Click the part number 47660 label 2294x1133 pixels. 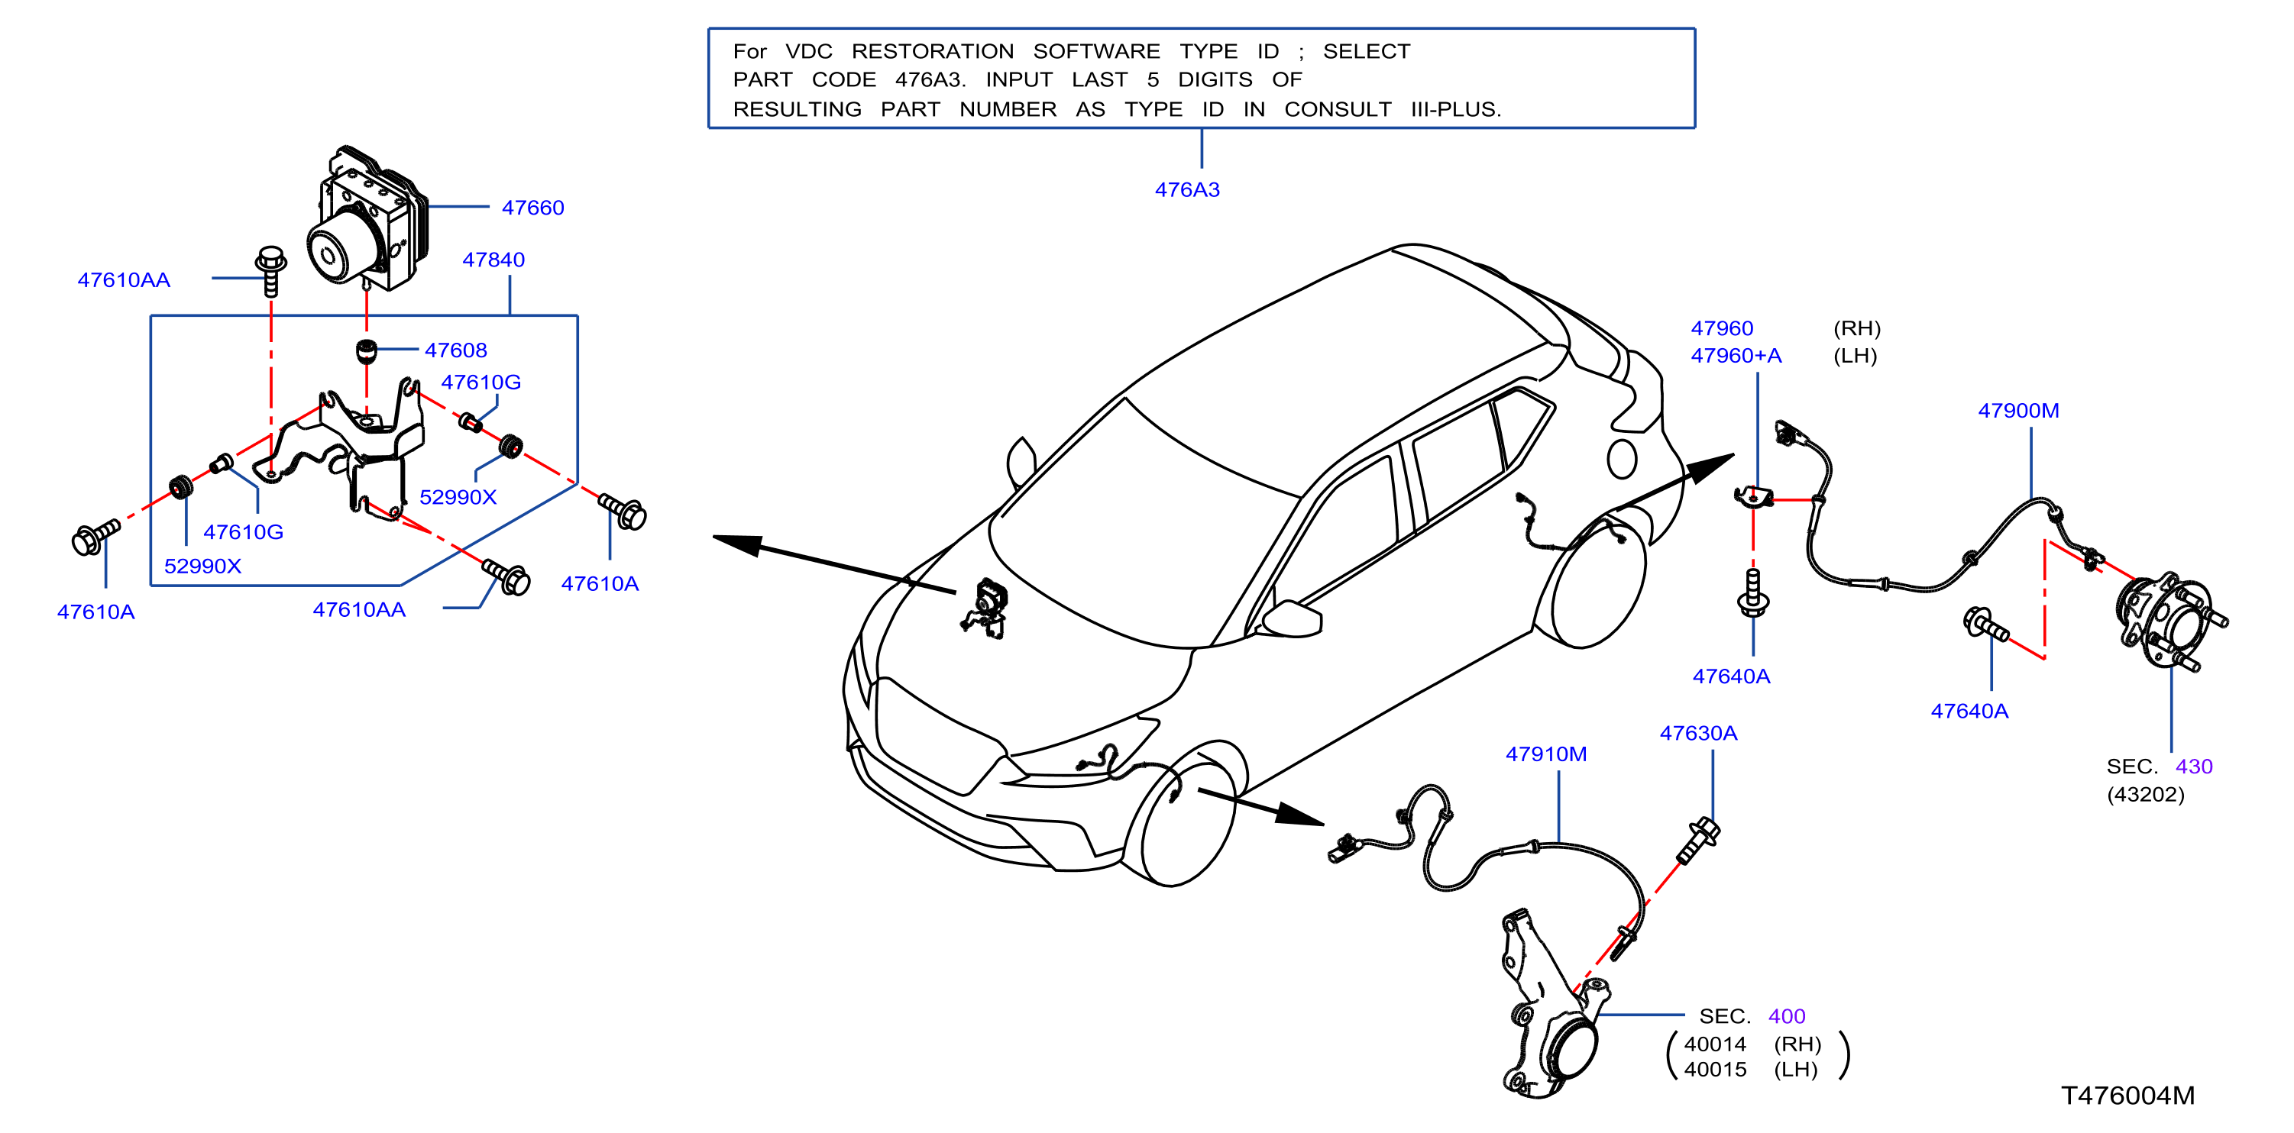pos(532,208)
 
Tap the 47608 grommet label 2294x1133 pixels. pos(455,350)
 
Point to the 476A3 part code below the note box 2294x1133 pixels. pos(1187,189)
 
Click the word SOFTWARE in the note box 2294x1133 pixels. pos(1096,52)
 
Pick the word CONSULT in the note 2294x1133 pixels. pos(1338,109)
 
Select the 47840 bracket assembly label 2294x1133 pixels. pos(493,260)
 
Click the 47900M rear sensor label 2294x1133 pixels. pos(2018,410)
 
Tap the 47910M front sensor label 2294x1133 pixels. pos(1546,754)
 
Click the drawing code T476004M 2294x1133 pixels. pos(2127,1096)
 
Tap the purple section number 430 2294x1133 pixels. pos(2193,767)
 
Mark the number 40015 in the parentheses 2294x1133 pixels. pos(1715,1069)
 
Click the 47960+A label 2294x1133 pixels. pos(1736,356)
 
